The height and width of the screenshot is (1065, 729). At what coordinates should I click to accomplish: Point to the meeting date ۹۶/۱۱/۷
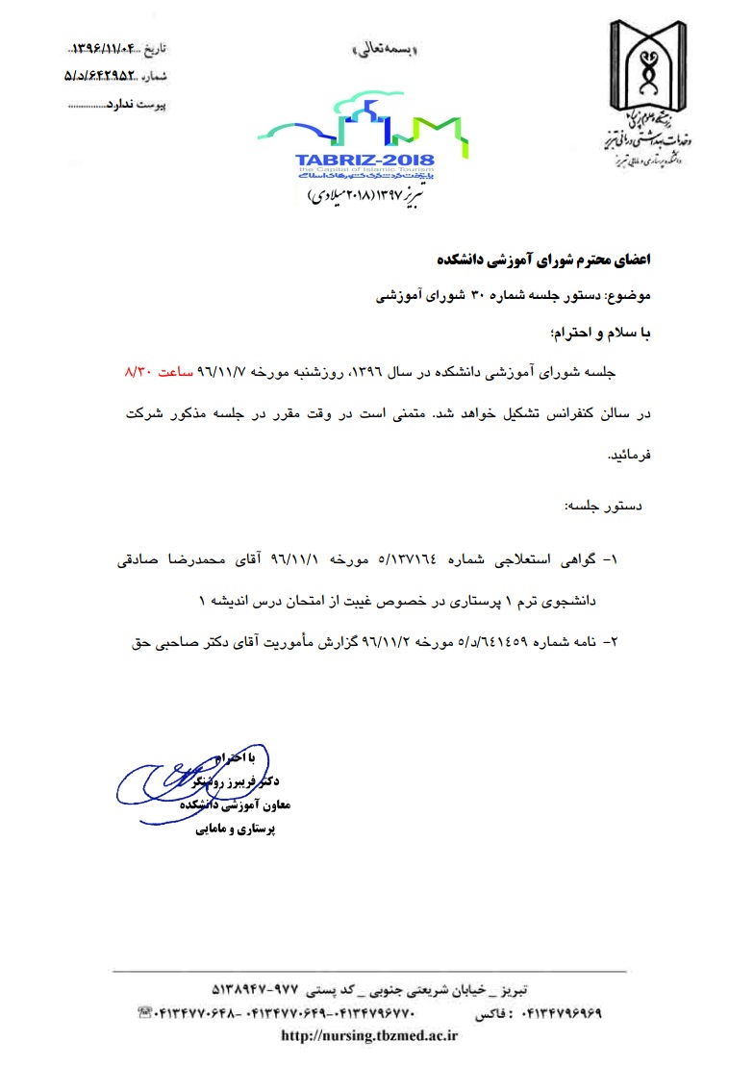(x=218, y=370)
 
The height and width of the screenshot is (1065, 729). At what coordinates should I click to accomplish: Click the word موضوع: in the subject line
(x=630, y=298)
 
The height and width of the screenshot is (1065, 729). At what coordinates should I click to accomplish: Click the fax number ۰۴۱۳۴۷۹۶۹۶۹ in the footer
(x=562, y=1013)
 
